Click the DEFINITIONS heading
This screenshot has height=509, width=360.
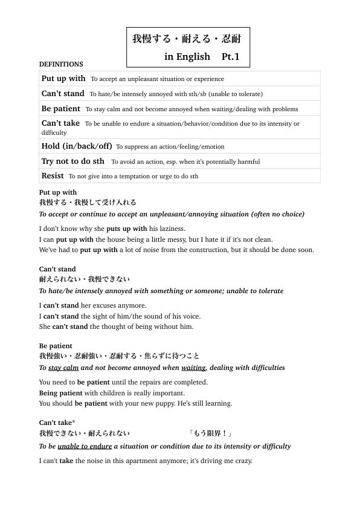point(61,64)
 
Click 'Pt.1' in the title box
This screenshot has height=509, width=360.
point(231,57)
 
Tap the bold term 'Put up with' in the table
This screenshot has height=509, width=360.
point(63,79)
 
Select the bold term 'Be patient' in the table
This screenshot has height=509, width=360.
point(60,109)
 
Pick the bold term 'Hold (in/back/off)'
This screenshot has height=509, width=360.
point(77,146)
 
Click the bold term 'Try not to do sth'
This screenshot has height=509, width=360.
point(72,161)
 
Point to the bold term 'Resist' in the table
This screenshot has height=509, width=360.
point(53,176)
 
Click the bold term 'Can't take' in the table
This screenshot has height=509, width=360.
point(60,123)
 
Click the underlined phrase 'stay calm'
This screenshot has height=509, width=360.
point(63,368)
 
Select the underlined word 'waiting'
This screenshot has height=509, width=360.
point(193,368)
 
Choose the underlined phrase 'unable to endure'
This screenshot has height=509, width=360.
point(85,446)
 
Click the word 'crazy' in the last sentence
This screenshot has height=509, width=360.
point(240,461)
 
